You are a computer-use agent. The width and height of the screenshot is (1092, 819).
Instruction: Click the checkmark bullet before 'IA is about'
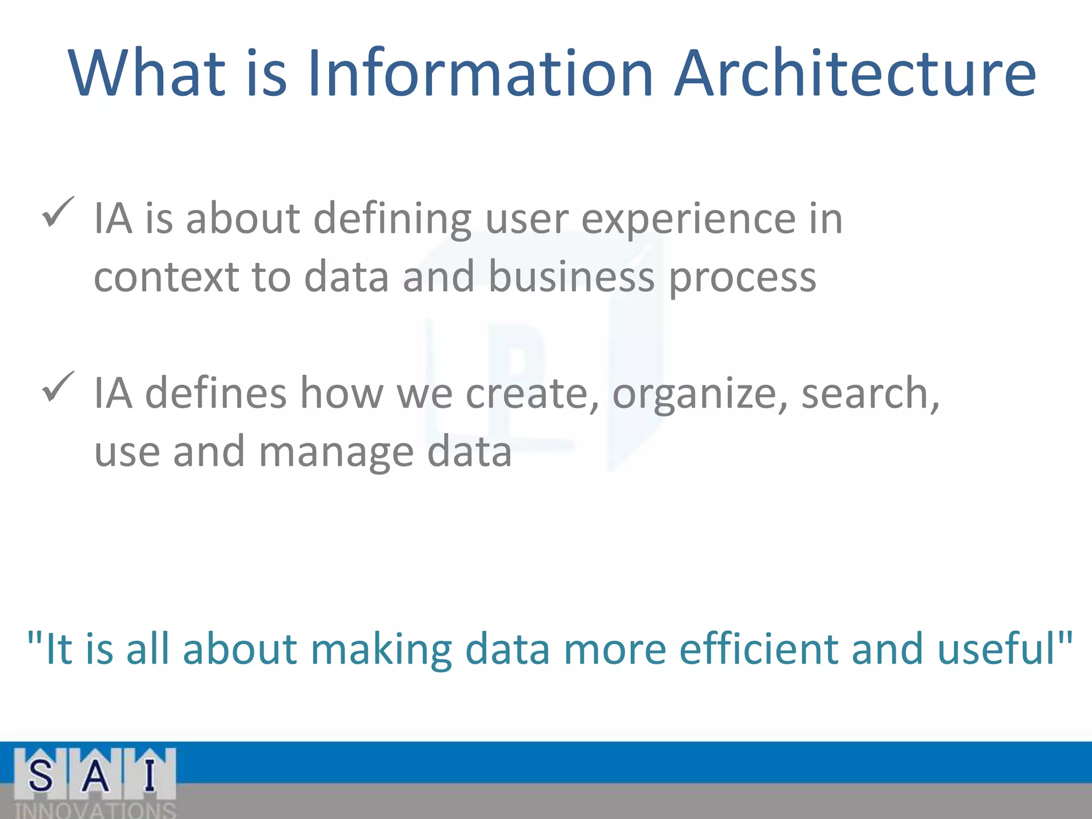pyautogui.click(x=58, y=212)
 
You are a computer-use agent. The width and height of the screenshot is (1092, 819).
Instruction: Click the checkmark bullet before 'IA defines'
pyautogui.click(x=58, y=387)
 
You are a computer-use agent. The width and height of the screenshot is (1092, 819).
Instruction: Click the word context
pyautogui.click(x=166, y=277)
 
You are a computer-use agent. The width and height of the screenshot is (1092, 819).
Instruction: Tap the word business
pyautogui.click(x=571, y=277)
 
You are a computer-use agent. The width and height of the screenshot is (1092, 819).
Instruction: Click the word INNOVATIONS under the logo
pyautogui.click(x=95, y=810)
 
